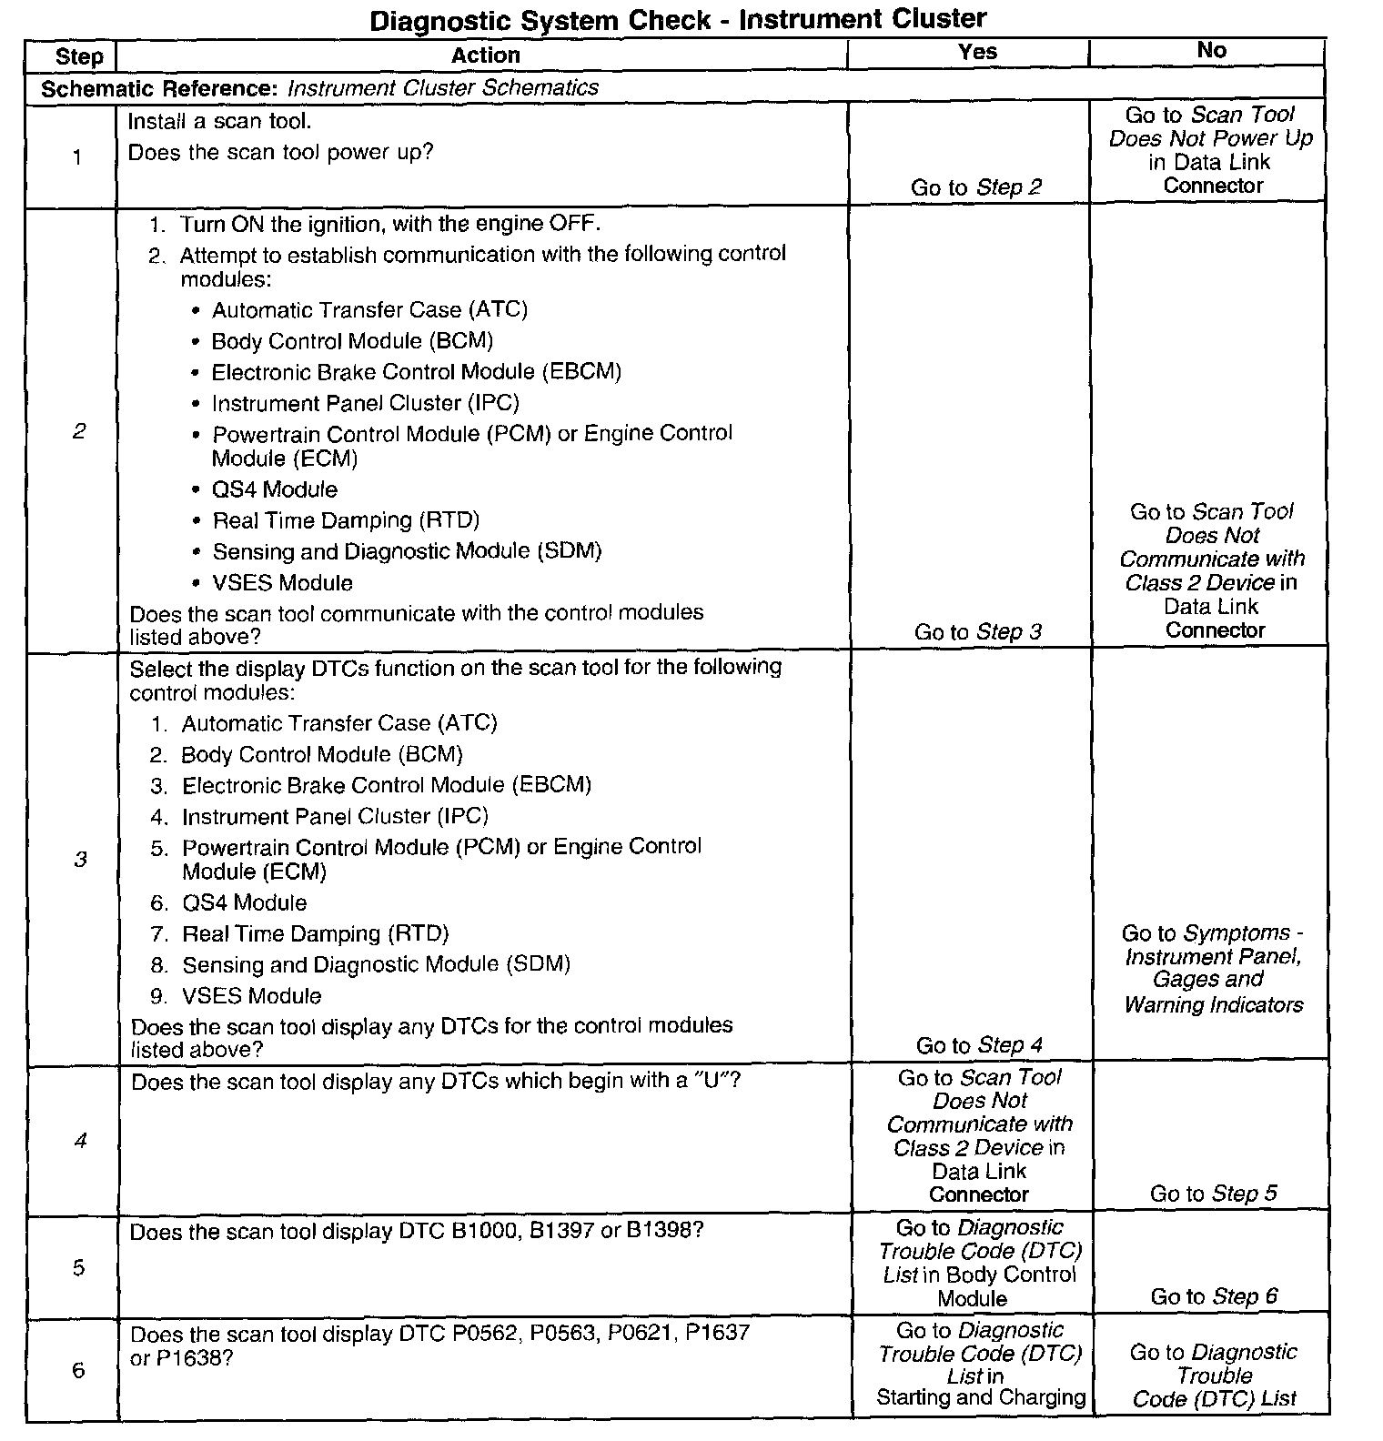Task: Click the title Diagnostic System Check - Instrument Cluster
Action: pyautogui.click(x=677, y=19)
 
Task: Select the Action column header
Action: pyautogui.click(x=485, y=55)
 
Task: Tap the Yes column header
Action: pyautogui.click(x=977, y=53)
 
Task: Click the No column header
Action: pyautogui.click(x=1211, y=51)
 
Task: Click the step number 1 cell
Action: pyautogui.click(x=77, y=157)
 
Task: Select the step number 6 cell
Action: pyautogui.click(x=78, y=1370)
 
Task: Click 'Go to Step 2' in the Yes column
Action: pyautogui.click(x=975, y=188)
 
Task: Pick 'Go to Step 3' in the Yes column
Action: pyautogui.click(x=977, y=632)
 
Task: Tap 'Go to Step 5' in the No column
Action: pyautogui.click(x=1213, y=1194)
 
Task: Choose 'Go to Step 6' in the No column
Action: pyautogui.click(x=1213, y=1296)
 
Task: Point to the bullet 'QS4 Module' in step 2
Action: pyautogui.click(x=274, y=490)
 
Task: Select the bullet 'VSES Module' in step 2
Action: pyautogui.click(x=282, y=583)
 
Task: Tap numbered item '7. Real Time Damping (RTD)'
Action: pyautogui.click(x=315, y=934)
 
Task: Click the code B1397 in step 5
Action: pyautogui.click(x=561, y=1233)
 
